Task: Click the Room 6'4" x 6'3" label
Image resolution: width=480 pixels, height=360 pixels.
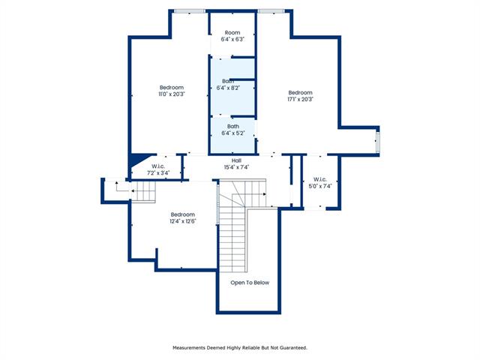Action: coord(232,36)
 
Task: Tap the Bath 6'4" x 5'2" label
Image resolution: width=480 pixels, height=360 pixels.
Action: coord(233,130)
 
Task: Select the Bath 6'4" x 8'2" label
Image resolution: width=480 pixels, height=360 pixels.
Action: coord(228,85)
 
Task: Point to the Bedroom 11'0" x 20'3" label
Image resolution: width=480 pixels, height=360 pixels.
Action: coord(172,91)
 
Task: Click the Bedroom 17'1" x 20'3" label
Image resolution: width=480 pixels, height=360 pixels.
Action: coord(300,96)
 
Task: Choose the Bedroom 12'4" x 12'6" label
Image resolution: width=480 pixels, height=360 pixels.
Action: coord(183,217)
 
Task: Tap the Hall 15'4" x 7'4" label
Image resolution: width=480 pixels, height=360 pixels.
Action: coord(236,163)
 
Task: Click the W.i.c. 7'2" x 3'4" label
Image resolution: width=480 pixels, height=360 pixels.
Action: coord(158,169)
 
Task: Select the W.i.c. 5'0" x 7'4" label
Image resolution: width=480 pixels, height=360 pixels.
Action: coord(320,183)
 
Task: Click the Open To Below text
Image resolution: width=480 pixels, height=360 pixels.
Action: coord(250,283)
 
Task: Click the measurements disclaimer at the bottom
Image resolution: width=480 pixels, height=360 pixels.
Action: coord(240,348)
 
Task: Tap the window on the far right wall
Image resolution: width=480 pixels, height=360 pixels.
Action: coord(378,142)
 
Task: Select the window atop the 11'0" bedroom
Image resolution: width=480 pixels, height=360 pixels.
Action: coord(190,12)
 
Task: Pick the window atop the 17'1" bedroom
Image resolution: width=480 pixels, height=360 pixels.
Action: coord(271,12)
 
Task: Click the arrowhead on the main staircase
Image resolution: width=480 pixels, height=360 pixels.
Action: coord(265,194)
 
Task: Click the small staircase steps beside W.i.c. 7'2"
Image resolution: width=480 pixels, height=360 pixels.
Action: coord(144,192)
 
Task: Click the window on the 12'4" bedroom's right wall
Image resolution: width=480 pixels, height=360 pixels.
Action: coord(217,204)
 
